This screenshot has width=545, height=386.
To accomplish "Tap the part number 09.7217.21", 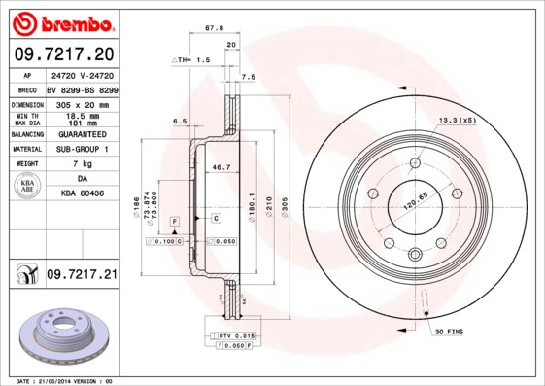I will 81,276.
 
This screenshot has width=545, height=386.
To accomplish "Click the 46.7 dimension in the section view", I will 221,167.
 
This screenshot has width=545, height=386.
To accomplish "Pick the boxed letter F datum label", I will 174,222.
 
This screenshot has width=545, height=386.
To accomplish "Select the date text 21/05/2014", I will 63,381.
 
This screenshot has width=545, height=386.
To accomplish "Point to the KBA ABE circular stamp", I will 29,187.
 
